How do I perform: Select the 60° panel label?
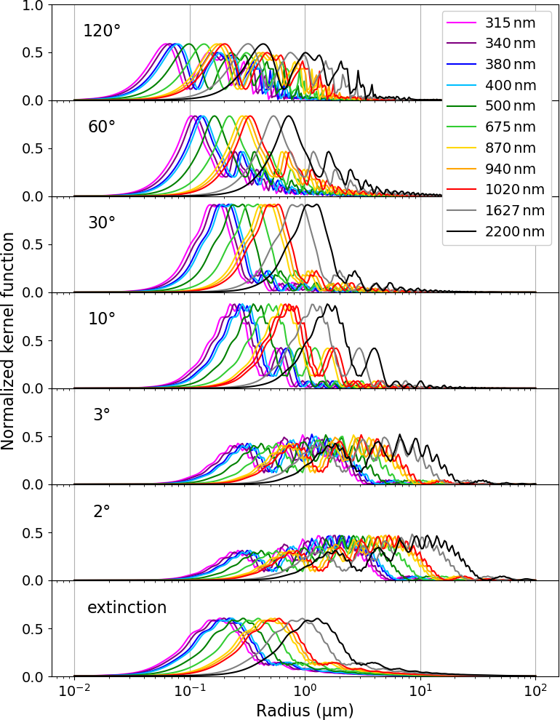102,127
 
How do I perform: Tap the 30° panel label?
102,223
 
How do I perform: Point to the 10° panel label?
102,319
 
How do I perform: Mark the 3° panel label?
102,415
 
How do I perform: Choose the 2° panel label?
102,511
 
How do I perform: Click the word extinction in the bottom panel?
127,607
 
